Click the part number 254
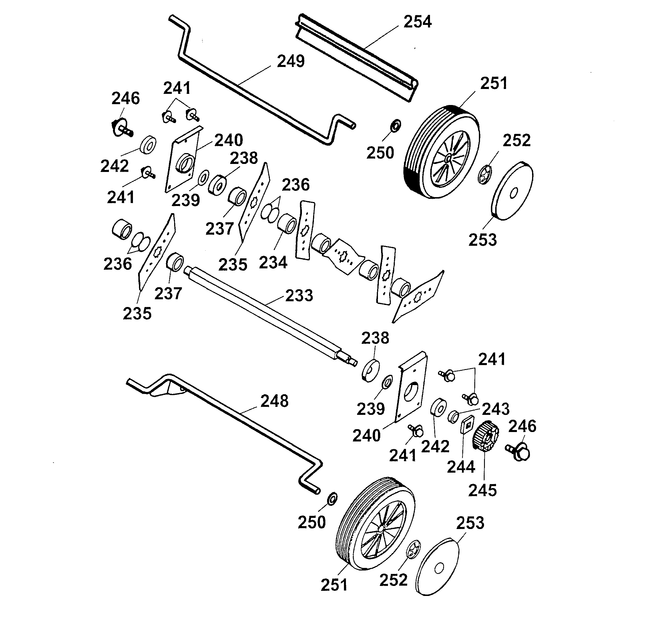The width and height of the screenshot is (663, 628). [417, 22]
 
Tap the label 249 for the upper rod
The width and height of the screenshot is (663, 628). [291, 62]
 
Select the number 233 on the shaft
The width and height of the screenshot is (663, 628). [299, 296]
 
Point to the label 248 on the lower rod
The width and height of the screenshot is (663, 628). [274, 401]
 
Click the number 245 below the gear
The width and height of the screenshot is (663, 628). [482, 491]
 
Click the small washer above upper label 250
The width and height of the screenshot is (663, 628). [396, 126]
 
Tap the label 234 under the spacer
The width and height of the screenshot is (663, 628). [273, 263]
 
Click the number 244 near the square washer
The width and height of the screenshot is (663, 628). [461, 467]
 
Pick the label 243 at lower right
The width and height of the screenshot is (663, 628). [495, 409]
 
